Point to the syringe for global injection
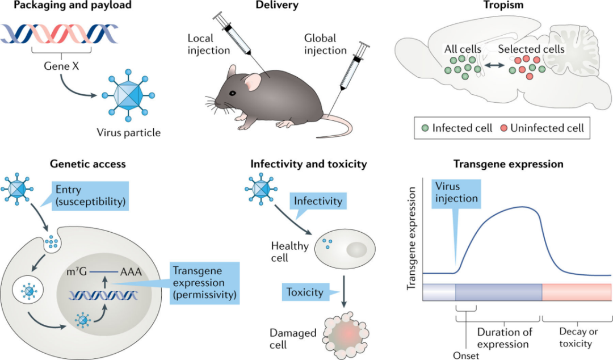(x=351, y=69)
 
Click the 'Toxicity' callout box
(x=305, y=293)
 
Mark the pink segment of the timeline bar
(x=576, y=291)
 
